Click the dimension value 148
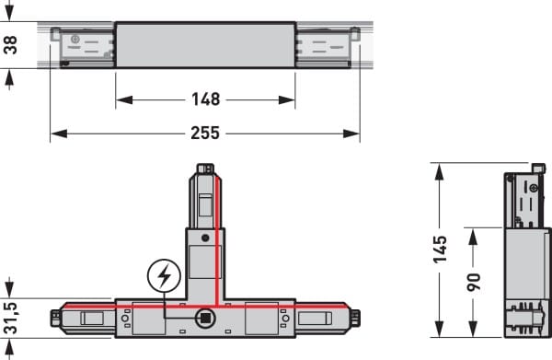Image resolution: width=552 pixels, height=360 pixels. point(205,99)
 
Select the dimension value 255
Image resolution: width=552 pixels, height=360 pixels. point(205,133)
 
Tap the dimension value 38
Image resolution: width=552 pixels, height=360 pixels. point(10,45)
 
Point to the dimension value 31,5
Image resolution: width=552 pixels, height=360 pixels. point(10,318)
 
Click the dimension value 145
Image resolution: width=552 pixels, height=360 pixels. point(440,250)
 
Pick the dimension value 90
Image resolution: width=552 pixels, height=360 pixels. point(474,282)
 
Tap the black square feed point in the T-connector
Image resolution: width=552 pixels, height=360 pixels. point(205,318)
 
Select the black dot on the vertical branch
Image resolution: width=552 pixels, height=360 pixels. point(205,238)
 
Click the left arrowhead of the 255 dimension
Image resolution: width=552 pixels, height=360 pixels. point(59,134)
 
